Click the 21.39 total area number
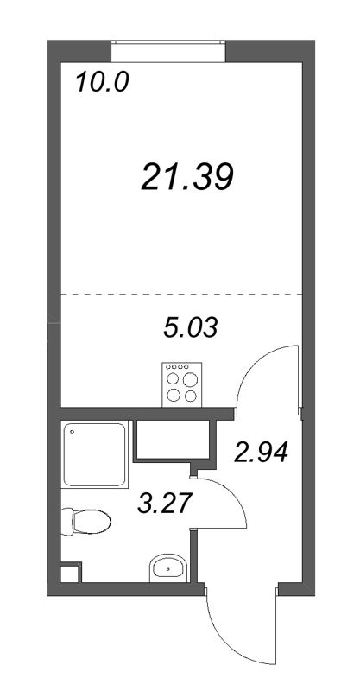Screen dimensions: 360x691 pyautogui.click(x=186, y=176)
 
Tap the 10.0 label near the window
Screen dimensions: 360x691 pyautogui.click(x=102, y=82)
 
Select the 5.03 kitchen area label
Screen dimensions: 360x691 pyautogui.click(x=190, y=328)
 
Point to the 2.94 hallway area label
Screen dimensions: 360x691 pyautogui.click(x=262, y=452)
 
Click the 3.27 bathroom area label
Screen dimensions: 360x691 pyautogui.click(x=165, y=504)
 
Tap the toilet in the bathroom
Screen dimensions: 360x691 pyautogui.click(x=85, y=522)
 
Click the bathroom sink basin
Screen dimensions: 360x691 pyautogui.click(x=167, y=568)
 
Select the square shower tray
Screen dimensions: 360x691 pyautogui.click(x=94, y=454)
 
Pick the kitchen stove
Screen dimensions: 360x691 pyautogui.click(x=181, y=384)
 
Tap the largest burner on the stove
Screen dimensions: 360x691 pyautogui.click(x=190, y=379)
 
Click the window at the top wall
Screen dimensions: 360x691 pyautogui.click(x=167, y=52)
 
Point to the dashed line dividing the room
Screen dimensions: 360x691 pyautogui.click(x=181, y=294)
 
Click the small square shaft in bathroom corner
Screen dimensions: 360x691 pyautogui.click(x=70, y=573)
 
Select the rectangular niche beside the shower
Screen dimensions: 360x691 pyautogui.click(x=172, y=440)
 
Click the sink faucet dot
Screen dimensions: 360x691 pyautogui.click(x=167, y=570)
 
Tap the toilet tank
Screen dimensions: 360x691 pyautogui.click(x=66, y=522)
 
